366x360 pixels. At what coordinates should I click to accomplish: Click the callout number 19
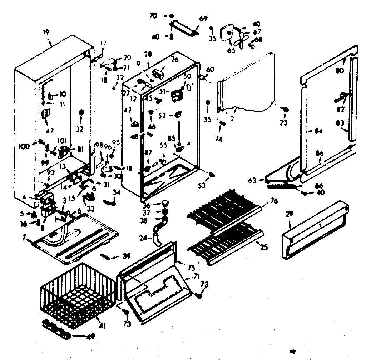(46, 32)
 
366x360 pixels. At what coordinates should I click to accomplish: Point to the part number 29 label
(290, 214)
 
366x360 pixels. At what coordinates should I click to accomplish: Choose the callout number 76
(273, 201)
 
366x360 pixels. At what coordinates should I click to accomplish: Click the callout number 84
(319, 131)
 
